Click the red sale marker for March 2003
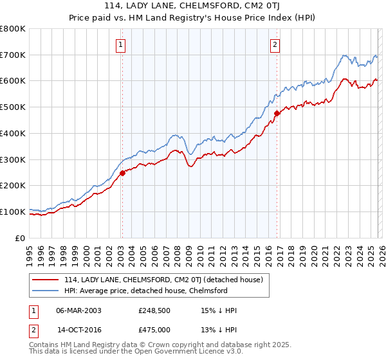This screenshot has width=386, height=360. click(x=122, y=172)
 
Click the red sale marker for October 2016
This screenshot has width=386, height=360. click(x=277, y=113)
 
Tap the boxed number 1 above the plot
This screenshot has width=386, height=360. click(x=121, y=44)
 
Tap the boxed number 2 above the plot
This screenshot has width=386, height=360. click(x=275, y=44)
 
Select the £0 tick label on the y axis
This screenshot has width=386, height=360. click(x=21, y=238)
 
